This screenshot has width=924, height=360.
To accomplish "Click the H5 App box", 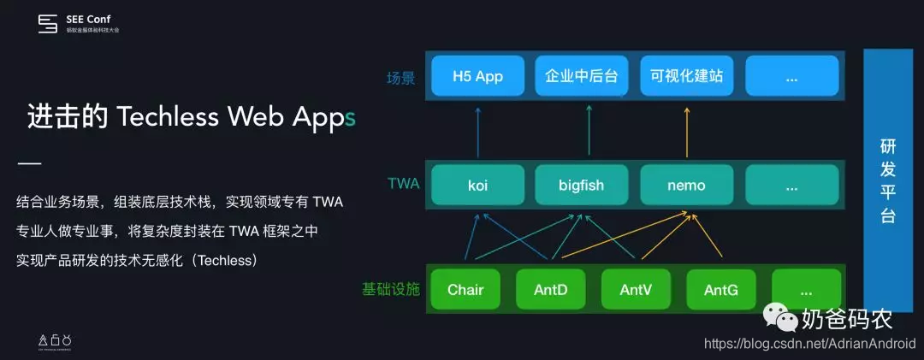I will click(x=477, y=76).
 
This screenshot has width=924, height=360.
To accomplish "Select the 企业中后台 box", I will click(x=582, y=76).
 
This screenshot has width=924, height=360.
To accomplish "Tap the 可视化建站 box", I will click(x=687, y=76).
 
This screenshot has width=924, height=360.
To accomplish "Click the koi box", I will click(x=477, y=185).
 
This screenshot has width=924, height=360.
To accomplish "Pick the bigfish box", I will click(x=582, y=185).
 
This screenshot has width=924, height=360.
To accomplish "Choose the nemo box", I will click(x=687, y=185).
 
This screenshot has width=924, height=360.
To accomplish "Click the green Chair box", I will click(x=465, y=290).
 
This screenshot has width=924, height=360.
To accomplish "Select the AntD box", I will click(x=550, y=290).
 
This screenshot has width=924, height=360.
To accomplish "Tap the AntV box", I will click(x=636, y=290).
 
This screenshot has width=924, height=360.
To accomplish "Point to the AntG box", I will click(x=721, y=290).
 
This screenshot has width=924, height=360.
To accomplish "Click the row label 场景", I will click(x=400, y=78).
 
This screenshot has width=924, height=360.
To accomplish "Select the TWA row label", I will click(x=403, y=183).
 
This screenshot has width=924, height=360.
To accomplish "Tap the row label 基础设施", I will click(x=391, y=289).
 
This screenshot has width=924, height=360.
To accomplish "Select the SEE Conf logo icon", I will click(x=48, y=23).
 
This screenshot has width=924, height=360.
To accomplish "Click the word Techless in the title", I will click(x=168, y=117).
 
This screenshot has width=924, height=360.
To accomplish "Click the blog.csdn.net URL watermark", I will click(x=809, y=344).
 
